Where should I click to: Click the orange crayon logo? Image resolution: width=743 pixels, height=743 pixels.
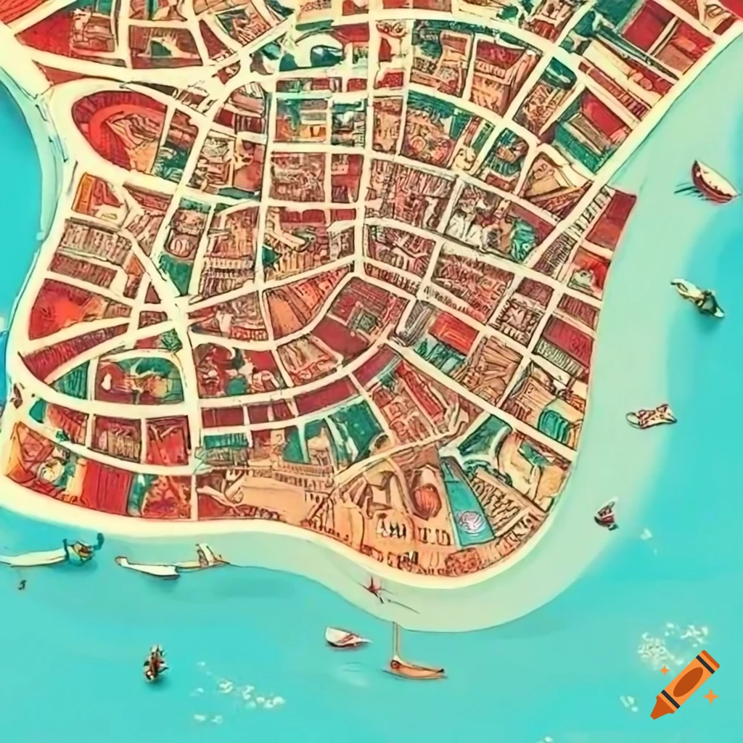[x=685, y=685]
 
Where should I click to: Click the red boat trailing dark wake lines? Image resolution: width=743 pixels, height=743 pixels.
[x=712, y=182]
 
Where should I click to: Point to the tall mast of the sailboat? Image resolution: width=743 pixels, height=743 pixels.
[x=395, y=642]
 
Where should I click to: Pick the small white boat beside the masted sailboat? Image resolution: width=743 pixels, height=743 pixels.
[x=345, y=637]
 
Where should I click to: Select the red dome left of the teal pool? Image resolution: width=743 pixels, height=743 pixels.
[x=426, y=501]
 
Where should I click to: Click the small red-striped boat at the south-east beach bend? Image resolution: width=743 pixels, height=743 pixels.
[x=606, y=515]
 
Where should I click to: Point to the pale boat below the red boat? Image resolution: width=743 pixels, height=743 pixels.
[x=698, y=297]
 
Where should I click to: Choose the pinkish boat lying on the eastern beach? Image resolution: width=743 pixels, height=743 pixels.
[x=651, y=417]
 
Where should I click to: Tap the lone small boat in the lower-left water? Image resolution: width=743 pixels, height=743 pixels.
[x=155, y=663]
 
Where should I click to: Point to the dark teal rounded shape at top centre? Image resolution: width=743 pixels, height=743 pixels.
[x=327, y=54]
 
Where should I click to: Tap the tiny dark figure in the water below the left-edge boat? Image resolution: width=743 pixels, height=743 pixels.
[x=22, y=583]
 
